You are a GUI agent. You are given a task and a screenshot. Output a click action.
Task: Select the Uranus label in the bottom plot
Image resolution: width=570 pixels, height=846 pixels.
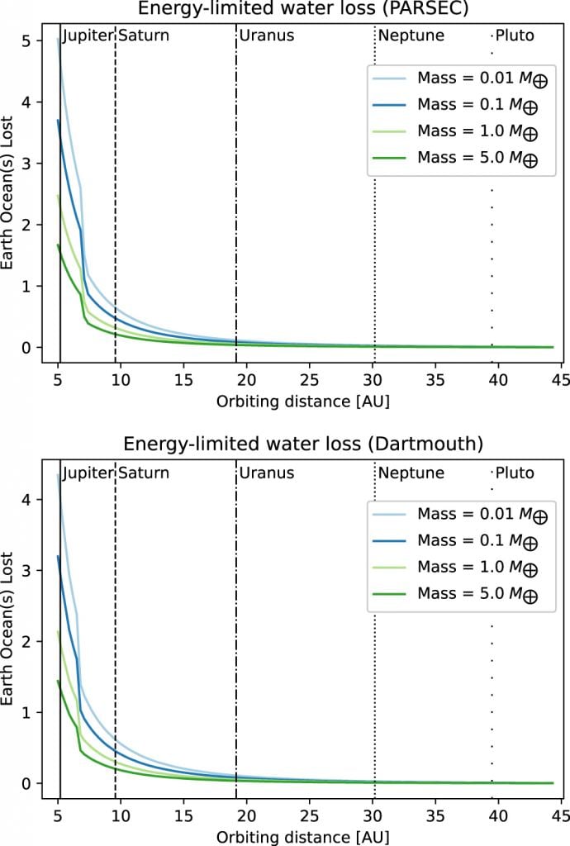coord(267,473)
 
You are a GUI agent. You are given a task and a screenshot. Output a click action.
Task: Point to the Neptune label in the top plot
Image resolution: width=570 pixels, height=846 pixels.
coord(411,36)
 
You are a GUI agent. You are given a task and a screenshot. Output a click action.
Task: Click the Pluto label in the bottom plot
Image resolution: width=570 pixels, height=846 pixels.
coord(515,473)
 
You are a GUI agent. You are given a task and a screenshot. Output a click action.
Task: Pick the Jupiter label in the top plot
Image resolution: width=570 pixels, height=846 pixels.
coord(86,36)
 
